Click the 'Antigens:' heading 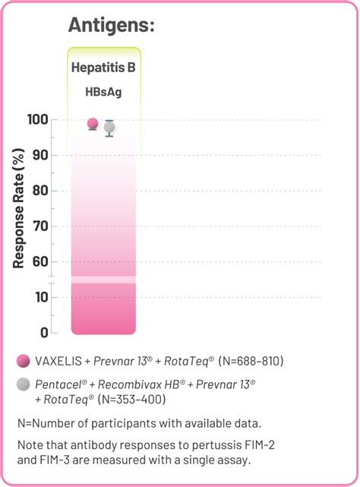(112, 25)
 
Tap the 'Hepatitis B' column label (103, 67)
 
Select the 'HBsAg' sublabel (103, 92)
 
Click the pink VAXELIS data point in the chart (93, 123)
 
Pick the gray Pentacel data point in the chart (109, 127)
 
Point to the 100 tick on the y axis (38, 120)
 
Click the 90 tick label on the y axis (41, 155)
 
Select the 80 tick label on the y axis (41, 191)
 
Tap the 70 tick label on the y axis (41, 226)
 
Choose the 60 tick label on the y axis (41, 262)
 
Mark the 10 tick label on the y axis (41, 298)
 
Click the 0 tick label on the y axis (44, 333)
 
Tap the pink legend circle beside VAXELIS (23, 360)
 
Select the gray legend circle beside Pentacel (23, 384)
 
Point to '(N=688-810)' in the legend (251, 360)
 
